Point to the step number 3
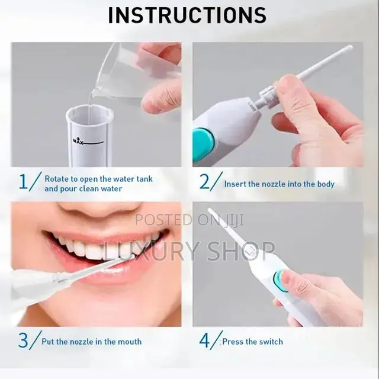click(23, 341)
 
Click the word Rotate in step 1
click(58, 178)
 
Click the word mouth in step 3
click(129, 342)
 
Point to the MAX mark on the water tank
click(78, 141)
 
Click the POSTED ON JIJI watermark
click(181, 220)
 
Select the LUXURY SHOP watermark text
click(188, 250)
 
